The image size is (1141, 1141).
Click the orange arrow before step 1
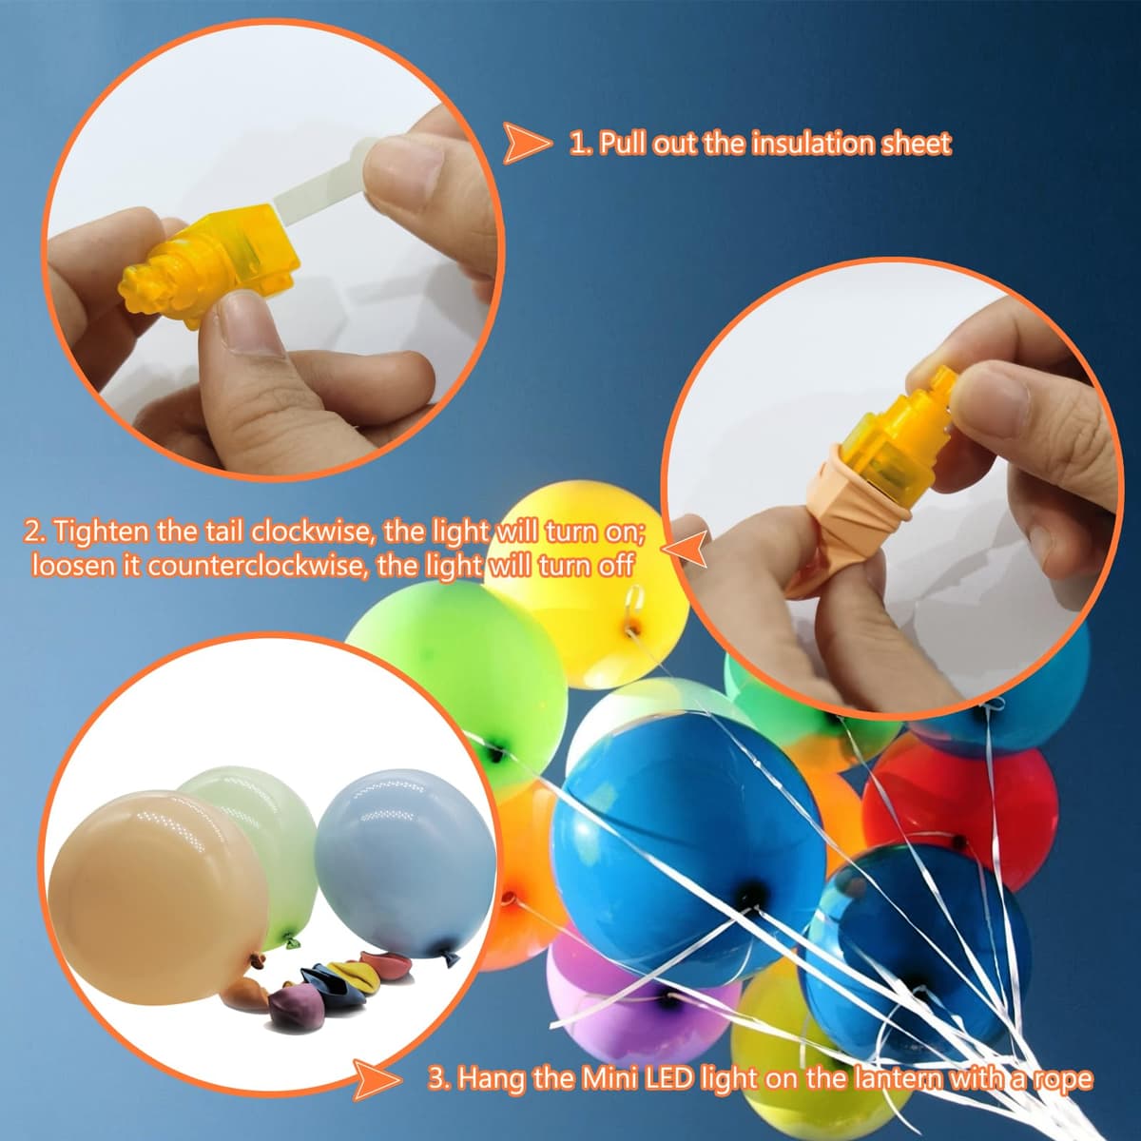tap(526, 143)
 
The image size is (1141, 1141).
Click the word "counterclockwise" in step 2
tap(251, 567)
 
